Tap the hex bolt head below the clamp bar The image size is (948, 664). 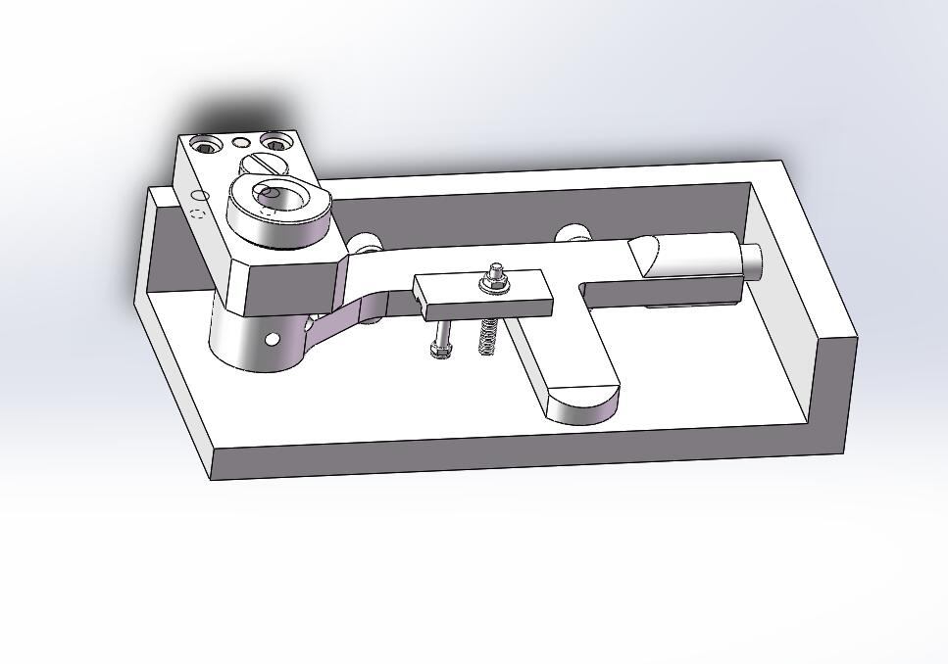pyautogui.click(x=439, y=349)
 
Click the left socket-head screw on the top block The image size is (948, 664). pyautogui.click(x=206, y=146)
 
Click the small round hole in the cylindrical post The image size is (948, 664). pyautogui.click(x=273, y=339)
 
